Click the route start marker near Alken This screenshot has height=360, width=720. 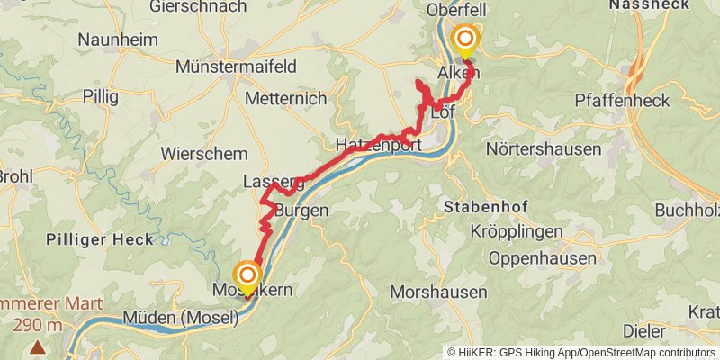[x=466, y=39]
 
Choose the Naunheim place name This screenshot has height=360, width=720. [x=118, y=40]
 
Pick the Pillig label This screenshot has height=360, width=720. [x=100, y=95]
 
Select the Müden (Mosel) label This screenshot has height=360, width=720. [x=181, y=317]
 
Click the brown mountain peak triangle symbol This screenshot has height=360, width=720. [x=38, y=346]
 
